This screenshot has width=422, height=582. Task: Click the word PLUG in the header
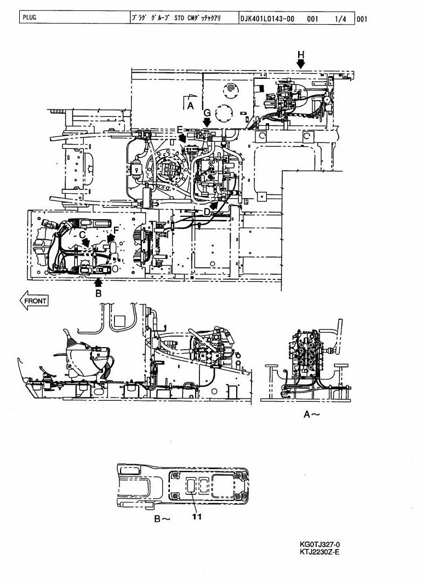30,17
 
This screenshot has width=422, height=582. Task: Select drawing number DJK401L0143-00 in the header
267,19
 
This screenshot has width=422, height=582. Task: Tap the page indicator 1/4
340,19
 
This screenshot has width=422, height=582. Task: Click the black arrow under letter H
301,64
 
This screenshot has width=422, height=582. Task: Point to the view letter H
301,55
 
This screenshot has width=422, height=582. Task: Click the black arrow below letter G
207,122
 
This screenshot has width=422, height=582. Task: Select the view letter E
180,130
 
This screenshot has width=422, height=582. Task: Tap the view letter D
207,211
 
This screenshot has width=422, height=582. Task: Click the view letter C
82,234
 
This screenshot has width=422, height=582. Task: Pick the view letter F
116,230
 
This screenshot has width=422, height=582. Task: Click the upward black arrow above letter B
98,283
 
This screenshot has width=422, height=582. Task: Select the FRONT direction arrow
34,301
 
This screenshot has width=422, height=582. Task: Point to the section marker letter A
190,106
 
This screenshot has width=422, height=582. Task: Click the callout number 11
197,516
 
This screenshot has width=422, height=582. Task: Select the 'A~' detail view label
311,414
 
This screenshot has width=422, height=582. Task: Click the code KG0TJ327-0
320,545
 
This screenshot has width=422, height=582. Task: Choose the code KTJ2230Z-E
320,551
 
